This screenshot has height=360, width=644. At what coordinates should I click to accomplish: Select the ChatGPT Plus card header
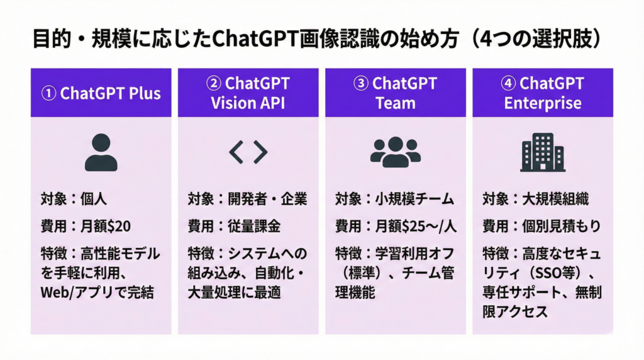101,93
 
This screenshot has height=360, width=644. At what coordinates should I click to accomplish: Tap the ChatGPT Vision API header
248,93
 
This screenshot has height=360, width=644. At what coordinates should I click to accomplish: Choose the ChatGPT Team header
396,93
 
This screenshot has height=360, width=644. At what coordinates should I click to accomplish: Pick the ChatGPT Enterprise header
543,93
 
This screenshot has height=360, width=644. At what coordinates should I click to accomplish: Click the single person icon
101,152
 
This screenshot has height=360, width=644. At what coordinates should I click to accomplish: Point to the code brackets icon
248,152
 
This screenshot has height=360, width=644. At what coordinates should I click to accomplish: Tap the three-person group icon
396,152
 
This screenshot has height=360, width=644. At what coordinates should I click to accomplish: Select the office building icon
542,152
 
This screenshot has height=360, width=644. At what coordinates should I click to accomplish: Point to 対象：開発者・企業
247,200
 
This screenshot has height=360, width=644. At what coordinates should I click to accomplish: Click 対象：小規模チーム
394,200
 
